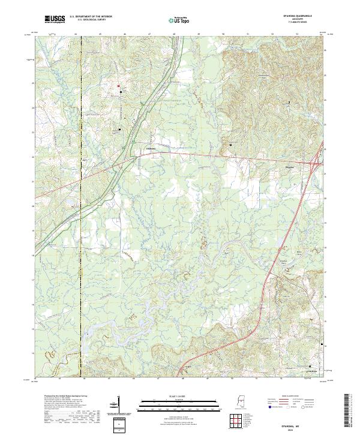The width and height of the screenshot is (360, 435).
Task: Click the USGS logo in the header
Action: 55,19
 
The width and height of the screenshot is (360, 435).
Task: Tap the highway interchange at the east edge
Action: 316,160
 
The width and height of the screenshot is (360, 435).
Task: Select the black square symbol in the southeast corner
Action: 310,366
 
